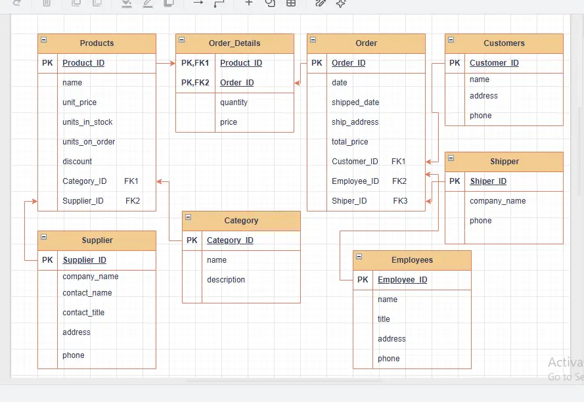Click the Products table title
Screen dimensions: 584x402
[x=97, y=43]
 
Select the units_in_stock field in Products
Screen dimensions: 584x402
[x=87, y=122]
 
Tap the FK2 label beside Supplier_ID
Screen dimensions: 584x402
[x=133, y=201]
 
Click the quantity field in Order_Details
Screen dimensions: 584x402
[x=233, y=102]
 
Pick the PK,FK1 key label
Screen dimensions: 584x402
[x=195, y=63]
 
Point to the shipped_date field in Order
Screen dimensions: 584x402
[x=355, y=102]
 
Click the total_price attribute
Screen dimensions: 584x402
[x=349, y=142]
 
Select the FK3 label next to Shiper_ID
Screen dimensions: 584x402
[x=400, y=201]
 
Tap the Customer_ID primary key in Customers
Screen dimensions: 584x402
[x=494, y=63]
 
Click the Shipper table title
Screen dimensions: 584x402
[x=505, y=162]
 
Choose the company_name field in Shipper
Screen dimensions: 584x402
[x=497, y=201]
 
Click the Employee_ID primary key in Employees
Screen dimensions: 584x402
[x=402, y=280]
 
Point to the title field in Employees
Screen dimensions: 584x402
[x=384, y=319]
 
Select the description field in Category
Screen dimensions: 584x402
[x=226, y=280]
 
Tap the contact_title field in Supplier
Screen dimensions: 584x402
[x=83, y=313]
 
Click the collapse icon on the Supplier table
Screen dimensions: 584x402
[x=44, y=236]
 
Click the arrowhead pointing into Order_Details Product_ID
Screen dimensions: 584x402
[x=173, y=63]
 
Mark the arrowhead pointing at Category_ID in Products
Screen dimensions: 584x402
[x=160, y=181]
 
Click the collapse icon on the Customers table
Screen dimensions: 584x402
[x=451, y=39]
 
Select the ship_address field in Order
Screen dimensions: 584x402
[x=355, y=122]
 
